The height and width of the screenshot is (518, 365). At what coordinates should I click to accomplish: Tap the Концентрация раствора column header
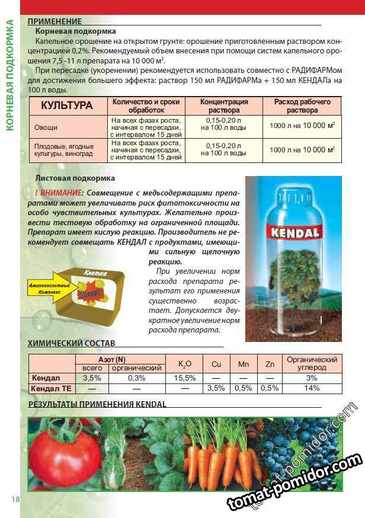click(x=224, y=105)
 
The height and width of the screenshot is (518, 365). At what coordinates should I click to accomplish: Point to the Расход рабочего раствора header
click(x=302, y=105)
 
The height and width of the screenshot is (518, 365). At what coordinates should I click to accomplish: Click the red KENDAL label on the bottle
click(x=293, y=230)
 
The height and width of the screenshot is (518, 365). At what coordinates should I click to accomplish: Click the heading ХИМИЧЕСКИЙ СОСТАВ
click(x=72, y=343)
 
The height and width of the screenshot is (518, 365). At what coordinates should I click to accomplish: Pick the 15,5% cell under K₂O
click(x=185, y=378)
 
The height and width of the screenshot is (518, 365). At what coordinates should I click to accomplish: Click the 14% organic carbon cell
click(x=312, y=388)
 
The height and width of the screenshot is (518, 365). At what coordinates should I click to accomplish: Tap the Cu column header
click(x=216, y=364)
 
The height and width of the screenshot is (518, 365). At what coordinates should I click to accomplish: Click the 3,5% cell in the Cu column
click(x=216, y=388)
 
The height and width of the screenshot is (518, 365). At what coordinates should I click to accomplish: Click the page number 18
click(x=15, y=499)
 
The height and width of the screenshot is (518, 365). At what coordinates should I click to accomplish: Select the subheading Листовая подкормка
click(x=75, y=178)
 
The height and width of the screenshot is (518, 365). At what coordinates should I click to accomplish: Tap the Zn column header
click(x=270, y=364)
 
